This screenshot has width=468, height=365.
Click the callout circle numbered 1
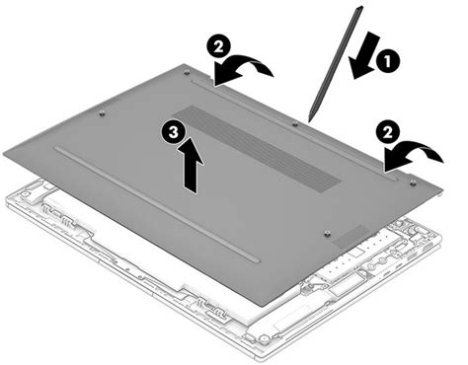pos(391,58)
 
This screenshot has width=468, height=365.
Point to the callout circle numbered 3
pos(175,129)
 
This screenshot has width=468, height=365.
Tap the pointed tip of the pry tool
pos(311,118)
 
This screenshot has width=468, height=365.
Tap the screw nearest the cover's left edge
pos(103,114)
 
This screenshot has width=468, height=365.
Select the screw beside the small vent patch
pos(327,233)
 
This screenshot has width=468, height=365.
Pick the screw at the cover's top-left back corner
pos(187,71)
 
